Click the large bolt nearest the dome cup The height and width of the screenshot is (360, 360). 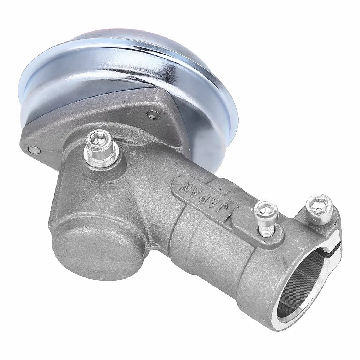click(x=101, y=149)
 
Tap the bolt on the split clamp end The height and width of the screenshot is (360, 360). click(x=319, y=207)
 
